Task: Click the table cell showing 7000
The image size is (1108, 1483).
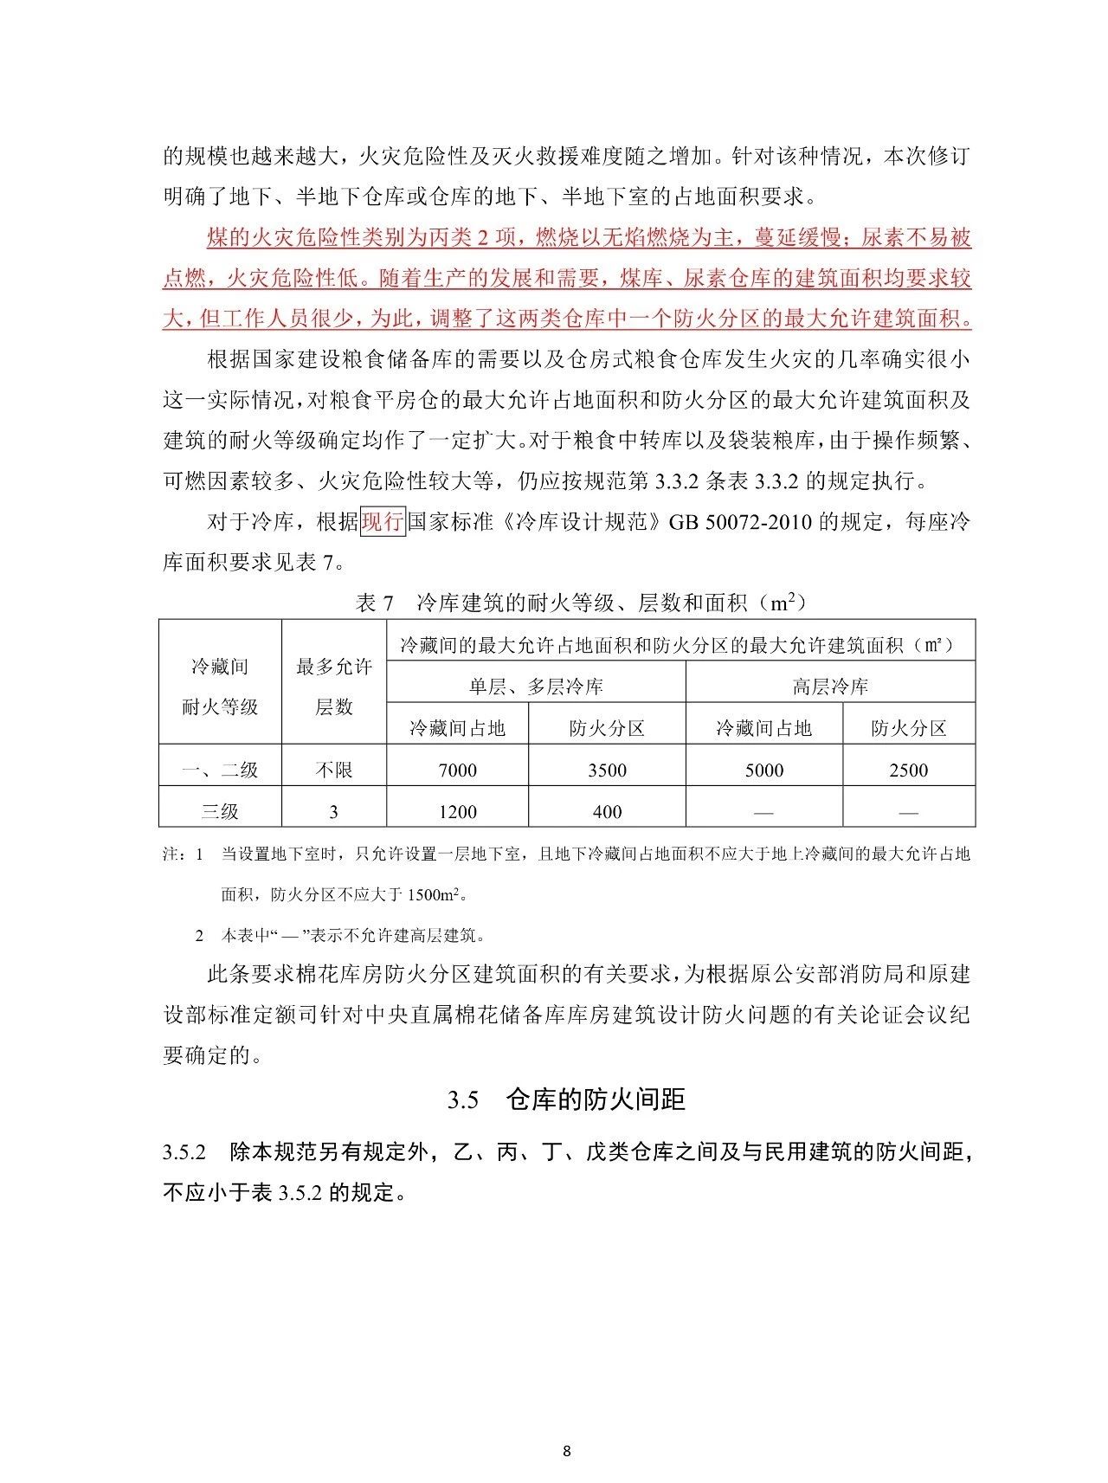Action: click(457, 771)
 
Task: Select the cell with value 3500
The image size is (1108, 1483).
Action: click(607, 771)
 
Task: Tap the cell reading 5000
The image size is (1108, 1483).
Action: click(763, 771)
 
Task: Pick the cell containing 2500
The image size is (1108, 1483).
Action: click(908, 771)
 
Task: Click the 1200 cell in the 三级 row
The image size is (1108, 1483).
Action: click(457, 812)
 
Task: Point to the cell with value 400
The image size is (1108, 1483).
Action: click(607, 812)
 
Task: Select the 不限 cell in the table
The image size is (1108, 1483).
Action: click(333, 771)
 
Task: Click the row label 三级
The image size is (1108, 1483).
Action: click(220, 812)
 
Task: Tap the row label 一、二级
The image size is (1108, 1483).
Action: click(220, 771)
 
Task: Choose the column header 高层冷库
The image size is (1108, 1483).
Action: click(830, 687)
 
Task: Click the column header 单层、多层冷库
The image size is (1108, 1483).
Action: click(536, 687)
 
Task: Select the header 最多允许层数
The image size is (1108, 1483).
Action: click(333, 687)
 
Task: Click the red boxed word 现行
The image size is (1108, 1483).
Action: click(383, 522)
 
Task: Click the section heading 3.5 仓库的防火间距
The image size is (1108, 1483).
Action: click(566, 1099)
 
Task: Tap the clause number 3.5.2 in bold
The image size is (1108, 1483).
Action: click(184, 1154)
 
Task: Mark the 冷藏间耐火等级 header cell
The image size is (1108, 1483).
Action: click(220, 687)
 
